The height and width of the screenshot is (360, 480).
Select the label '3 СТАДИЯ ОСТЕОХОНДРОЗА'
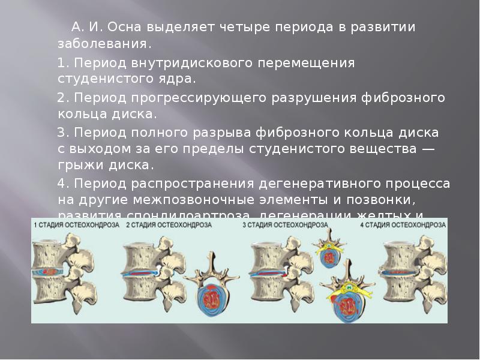tap(285, 224)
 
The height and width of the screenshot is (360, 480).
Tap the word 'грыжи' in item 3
tap(78, 164)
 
